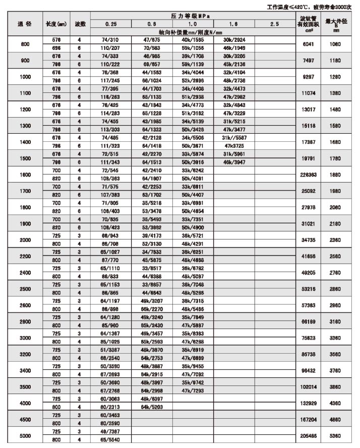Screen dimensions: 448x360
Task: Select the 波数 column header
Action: click(81, 24)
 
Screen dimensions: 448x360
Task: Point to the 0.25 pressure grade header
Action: click(111, 24)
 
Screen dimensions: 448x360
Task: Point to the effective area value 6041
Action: click(308, 44)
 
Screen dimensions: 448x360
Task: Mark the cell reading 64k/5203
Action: click(152, 406)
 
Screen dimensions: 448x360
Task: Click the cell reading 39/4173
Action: click(152, 236)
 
